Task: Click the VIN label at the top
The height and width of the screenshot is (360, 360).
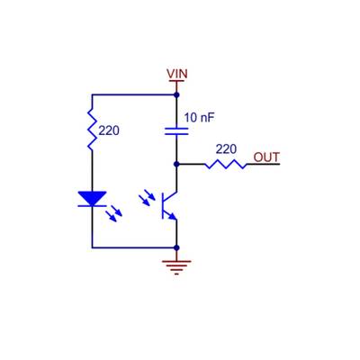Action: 176,73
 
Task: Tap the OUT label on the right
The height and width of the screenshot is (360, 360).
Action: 266,157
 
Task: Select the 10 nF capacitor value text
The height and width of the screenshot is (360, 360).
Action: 199,117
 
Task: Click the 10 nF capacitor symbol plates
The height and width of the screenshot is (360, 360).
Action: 176,130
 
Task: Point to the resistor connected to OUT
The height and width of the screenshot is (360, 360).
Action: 225,165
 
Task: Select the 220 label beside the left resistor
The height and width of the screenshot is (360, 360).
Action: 109,130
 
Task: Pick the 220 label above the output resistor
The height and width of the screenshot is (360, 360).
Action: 226,148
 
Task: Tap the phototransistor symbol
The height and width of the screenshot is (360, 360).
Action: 169,205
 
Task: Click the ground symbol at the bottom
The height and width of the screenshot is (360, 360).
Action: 176,265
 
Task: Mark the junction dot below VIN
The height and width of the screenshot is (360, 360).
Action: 176,94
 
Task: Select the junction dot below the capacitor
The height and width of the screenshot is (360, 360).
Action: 176,165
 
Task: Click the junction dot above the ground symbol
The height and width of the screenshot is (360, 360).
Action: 176,247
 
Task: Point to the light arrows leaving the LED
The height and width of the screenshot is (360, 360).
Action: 114,214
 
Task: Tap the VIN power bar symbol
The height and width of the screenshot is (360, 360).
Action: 176,82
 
